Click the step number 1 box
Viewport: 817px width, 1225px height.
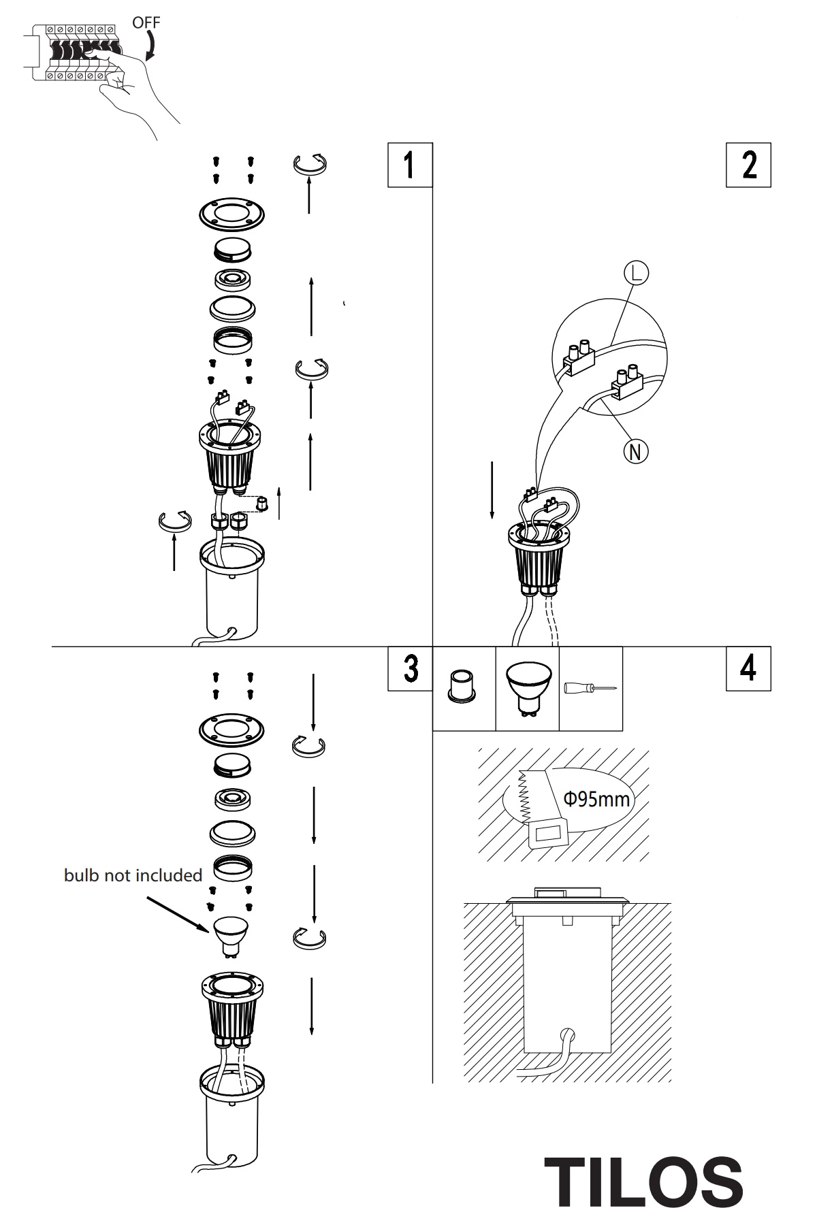click(410, 165)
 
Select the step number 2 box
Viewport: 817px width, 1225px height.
click(748, 165)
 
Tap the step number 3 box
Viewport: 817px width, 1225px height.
click(410, 668)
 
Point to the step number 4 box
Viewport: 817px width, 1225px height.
click(748, 668)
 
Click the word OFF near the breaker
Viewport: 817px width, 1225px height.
click(146, 22)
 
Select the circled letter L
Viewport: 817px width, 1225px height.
click(636, 273)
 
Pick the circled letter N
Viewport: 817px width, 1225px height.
click(636, 451)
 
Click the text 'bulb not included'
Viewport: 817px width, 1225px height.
click(133, 875)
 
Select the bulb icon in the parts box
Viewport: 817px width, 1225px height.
click(528, 687)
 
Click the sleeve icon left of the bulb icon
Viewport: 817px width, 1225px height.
click(462, 686)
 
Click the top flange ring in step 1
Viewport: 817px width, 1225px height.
click(231, 216)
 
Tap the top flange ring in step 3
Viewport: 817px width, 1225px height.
click(231, 731)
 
